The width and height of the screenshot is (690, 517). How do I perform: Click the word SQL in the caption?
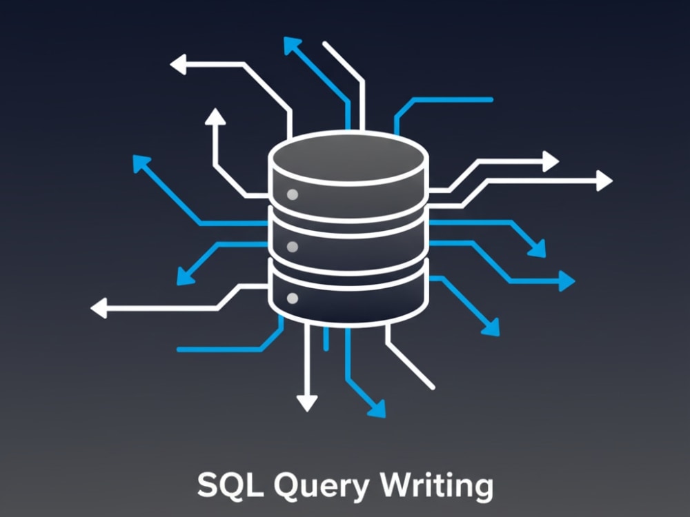tap(230, 485)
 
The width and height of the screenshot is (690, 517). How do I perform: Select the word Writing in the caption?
tap(437, 486)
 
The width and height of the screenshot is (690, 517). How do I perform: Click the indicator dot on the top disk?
tap(292, 194)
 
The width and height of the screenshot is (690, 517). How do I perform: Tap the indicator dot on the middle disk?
tap(292, 247)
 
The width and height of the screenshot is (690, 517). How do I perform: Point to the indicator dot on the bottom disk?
tap(292, 298)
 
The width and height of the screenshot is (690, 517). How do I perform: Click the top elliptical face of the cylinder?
tap(348, 157)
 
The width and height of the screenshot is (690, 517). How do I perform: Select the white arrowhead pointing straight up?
tap(215, 116)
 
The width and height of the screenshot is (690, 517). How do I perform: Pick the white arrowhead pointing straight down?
tap(307, 403)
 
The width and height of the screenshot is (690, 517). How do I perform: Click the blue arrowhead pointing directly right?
tap(566, 281)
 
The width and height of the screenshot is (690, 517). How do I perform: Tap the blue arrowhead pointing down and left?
tap(184, 276)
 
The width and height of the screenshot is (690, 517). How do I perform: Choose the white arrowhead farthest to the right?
tap(604, 181)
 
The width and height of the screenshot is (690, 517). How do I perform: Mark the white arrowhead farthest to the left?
tap(99, 307)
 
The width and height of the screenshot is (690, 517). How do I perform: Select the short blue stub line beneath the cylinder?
tap(326, 338)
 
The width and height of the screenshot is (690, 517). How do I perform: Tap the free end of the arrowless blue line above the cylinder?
tap(491, 100)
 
